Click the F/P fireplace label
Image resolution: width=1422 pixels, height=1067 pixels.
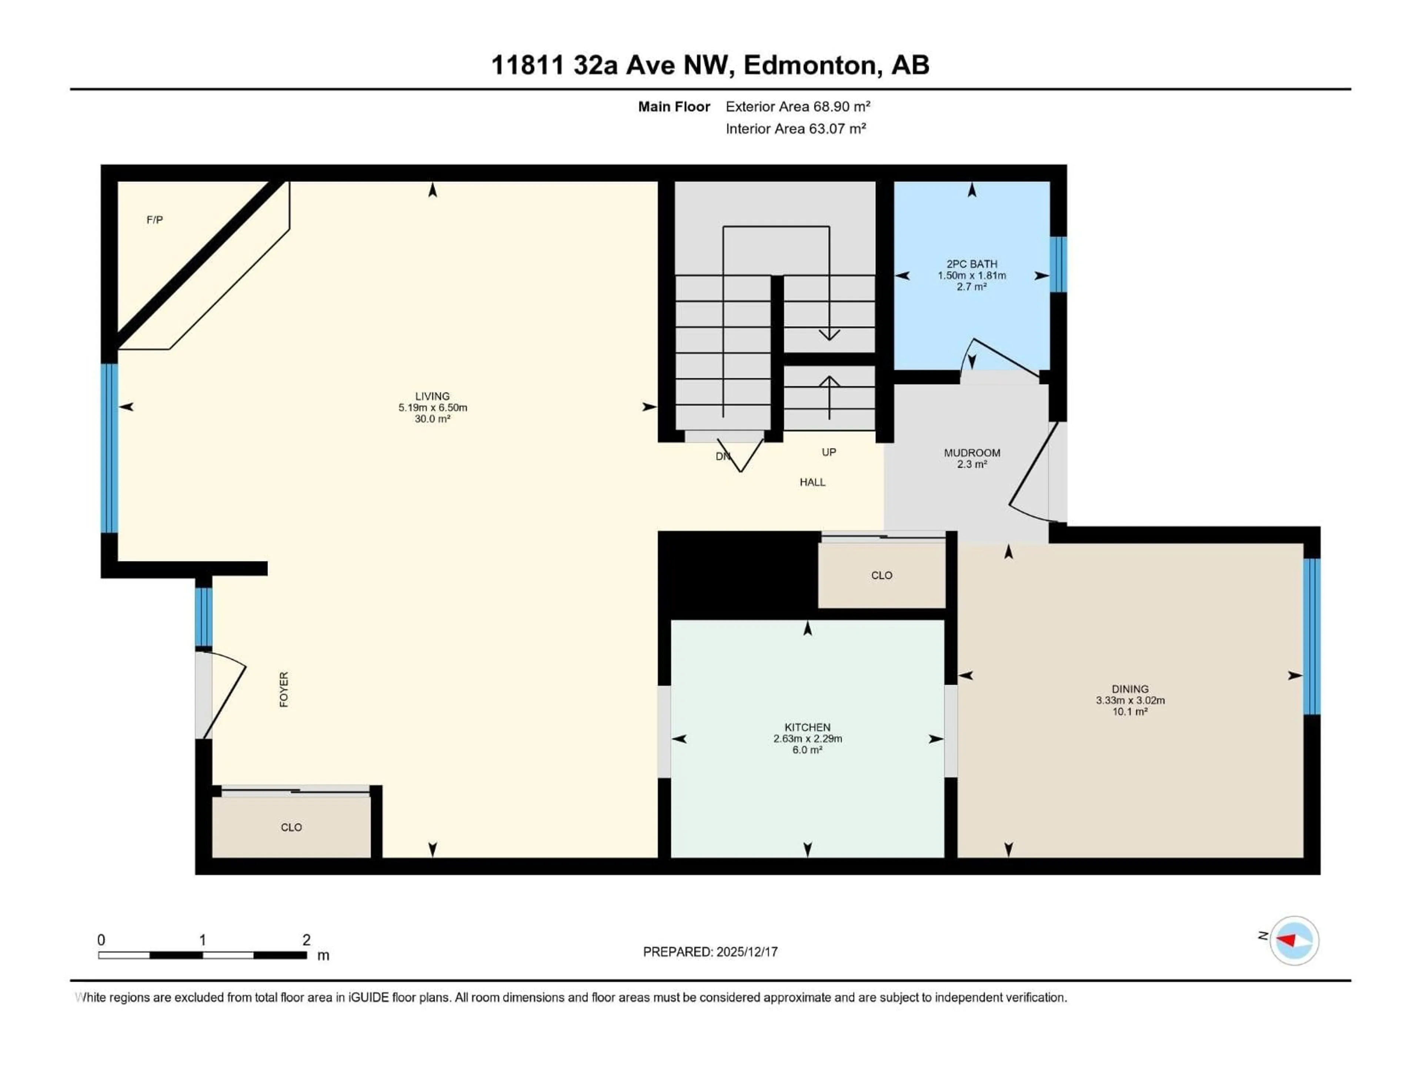point(154,220)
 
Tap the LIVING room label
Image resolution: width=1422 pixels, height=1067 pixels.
point(432,396)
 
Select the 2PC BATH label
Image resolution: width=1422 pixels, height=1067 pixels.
point(971,264)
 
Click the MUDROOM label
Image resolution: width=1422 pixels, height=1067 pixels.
point(971,453)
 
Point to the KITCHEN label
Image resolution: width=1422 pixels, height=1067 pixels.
point(807,727)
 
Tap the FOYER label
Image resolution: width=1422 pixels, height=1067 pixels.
point(284,689)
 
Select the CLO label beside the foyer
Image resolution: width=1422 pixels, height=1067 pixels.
point(291,827)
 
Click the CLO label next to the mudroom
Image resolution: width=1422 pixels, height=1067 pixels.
point(881,575)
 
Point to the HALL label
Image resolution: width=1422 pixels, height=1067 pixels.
point(812,482)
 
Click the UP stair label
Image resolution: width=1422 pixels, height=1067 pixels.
point(829,452)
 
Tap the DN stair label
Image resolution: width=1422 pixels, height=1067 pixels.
point(722,456)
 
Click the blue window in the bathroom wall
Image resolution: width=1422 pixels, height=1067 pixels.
point(1058,264)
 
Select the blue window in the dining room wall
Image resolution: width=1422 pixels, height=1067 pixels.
point(1311,636)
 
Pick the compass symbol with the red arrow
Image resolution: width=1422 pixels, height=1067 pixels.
point(1294,940)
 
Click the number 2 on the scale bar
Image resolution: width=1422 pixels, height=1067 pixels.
point(307,940)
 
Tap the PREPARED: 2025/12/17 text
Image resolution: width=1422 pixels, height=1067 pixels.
point(710,952)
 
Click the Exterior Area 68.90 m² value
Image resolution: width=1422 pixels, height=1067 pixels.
point(798,107)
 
